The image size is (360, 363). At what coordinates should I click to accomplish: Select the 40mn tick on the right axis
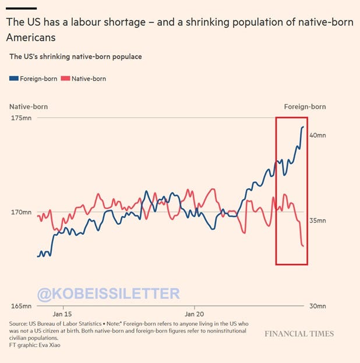(317, 135)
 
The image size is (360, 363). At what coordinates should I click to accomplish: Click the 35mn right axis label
(317, 221)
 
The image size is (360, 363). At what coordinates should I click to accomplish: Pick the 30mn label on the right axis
(317, 306)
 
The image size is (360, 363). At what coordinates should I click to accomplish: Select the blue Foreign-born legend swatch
(14, 79)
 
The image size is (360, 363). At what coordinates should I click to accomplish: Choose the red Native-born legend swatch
(66, 79)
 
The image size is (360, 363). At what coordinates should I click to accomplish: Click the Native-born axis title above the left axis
(28, 107)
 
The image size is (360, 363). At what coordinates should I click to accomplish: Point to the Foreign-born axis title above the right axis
(305, 107)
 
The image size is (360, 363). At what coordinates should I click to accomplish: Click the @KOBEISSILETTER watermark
(108, 294)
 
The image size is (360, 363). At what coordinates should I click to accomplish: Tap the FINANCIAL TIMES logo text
(299, 334)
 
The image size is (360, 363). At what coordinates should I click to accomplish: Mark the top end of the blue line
(303, 126)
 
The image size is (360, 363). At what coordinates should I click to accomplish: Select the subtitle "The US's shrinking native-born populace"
(75, 57)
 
